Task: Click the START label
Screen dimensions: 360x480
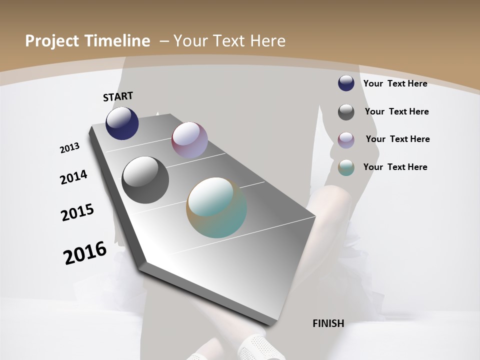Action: click(x=118, y=96)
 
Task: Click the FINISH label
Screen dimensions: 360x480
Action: click(x=328, y=323)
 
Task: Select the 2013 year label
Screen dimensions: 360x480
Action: click(x=70, y=148)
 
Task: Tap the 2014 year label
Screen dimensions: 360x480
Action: click(x=73, y=177)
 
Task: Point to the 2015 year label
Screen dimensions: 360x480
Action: click(x=77, y=212)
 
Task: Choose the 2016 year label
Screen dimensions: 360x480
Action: click(x=85, y=252)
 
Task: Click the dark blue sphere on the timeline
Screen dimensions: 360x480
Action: click(x=122, y=123)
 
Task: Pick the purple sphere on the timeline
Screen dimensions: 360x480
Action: click(x=189, y=140)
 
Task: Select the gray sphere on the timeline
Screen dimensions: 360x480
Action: click(x=145, y=180)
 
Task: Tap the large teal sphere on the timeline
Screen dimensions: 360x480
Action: click(x=216, y=207)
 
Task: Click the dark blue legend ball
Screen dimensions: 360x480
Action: click(x=346, y=83)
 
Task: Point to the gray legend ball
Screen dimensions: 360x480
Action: click(x=346, y=112)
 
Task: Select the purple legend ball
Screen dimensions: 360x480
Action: click(x=346, y=140)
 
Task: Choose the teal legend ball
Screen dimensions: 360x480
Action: click(x=346, y=168)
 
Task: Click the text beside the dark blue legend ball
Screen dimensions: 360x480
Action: click(x=395, y=83)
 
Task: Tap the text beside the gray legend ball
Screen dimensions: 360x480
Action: click(x=396, y=111)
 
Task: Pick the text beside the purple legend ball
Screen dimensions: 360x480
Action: click(x=397, y=139)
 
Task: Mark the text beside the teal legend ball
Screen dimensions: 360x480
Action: click(x=395, y=167)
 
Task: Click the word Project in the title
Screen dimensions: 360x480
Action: click(x=49, y=41)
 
